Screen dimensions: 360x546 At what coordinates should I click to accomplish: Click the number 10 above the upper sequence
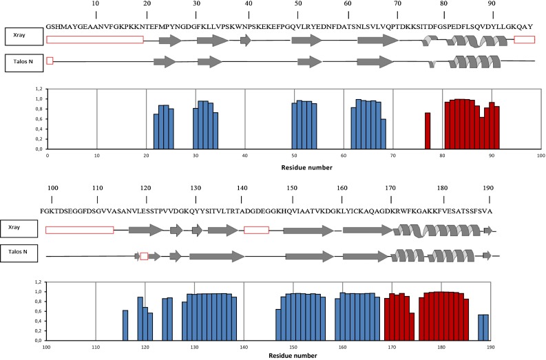pyautogui.click(x=96, y=3)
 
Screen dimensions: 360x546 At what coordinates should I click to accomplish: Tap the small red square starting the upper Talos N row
pyautogui.click(x=50, y=61)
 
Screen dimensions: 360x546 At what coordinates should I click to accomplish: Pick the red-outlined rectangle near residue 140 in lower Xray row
pyautogui.click(x=256, y=230)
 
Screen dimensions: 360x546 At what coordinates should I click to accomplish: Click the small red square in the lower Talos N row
pyautogui.click(x=144, y=256)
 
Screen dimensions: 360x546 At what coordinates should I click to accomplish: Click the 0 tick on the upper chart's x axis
pyautogui.click(x=47, y=156)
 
